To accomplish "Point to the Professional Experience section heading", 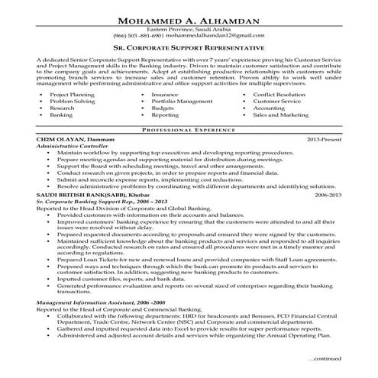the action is (189, 131).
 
